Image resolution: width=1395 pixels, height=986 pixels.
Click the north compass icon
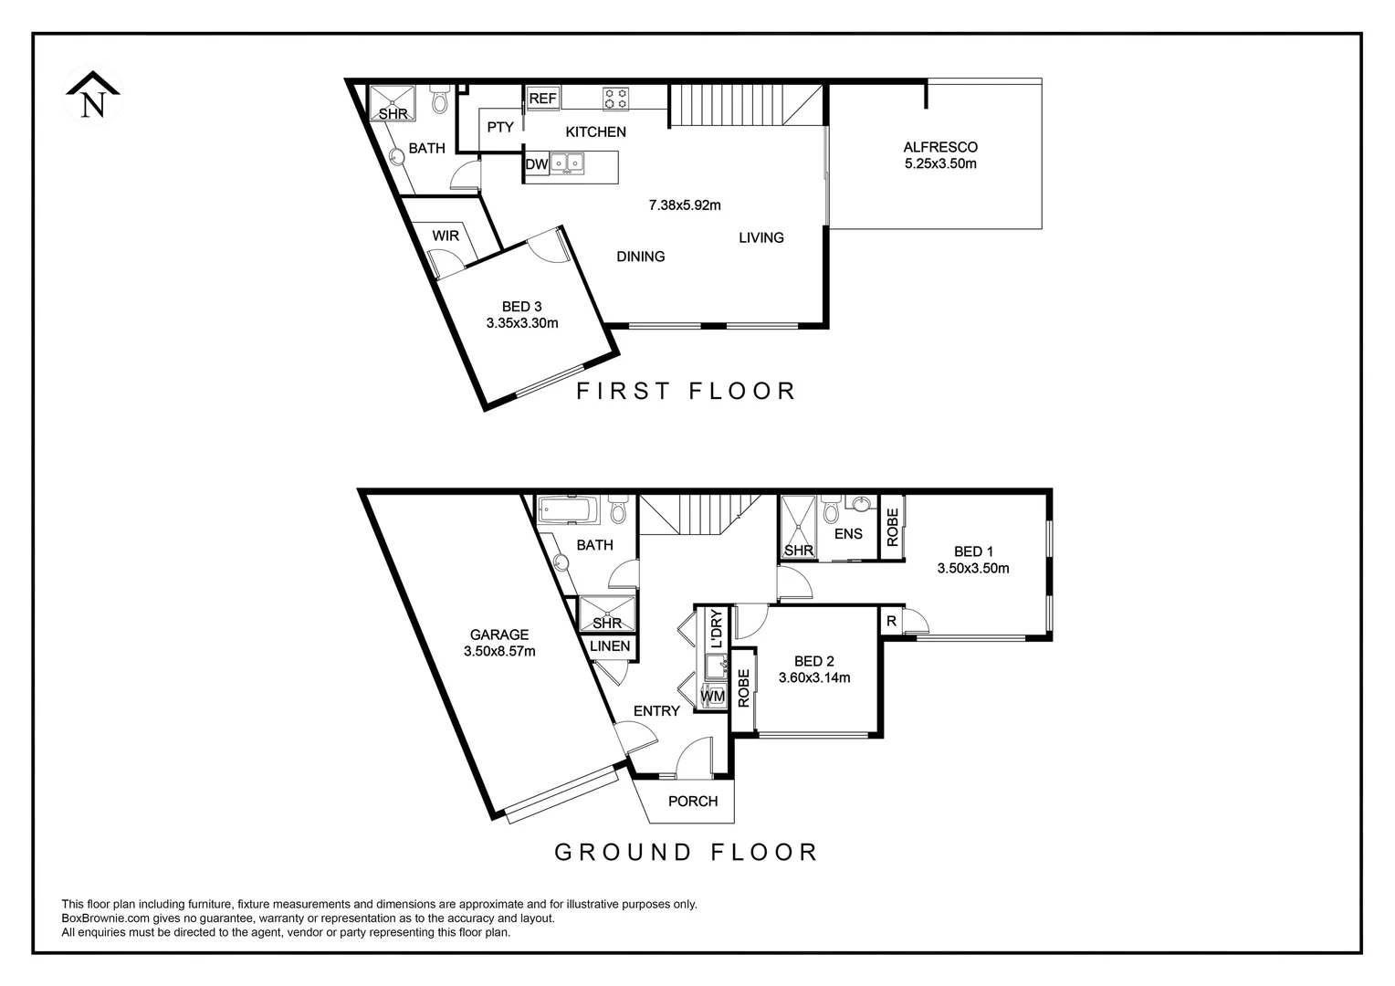[x=92, y=96]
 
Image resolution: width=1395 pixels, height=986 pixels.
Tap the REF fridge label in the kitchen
[x=542, y=99]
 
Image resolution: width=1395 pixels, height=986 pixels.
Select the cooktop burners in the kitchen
[x=614, y=97]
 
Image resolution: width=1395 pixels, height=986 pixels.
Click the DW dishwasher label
[x=536, y=165]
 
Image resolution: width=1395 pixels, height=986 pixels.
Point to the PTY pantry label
[x=500, y=128]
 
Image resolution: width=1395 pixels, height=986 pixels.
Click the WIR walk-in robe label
[x=446, y=236]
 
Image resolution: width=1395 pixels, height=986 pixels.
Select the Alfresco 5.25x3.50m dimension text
[x=940, y=164]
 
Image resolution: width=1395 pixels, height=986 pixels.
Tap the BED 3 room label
[x=521, y=307]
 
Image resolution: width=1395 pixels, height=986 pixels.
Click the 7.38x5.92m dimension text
[x=684, y=205]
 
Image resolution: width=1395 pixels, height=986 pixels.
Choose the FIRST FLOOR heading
[x=687, y=392]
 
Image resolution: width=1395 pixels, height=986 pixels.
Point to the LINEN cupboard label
[x=609, y=646]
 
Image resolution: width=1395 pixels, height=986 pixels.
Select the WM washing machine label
[x=712, y=697]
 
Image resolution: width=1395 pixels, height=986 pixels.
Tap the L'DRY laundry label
[x=716, y=628]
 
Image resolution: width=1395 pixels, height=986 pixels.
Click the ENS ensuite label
[x=848, y=534]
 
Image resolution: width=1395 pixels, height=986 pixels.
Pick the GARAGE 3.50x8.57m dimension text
[x=498, y=652]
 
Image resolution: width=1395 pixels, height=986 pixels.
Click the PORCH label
[x=693, y=802]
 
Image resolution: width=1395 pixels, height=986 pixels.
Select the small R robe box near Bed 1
[x=890, y=622]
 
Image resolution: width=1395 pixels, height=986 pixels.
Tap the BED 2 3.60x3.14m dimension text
[x=813, y=678]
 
